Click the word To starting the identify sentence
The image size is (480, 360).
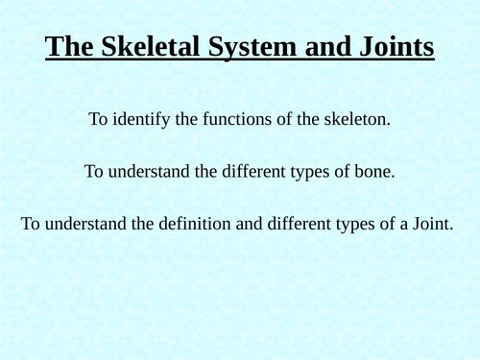pyautogui.click(x=98, y=120)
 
